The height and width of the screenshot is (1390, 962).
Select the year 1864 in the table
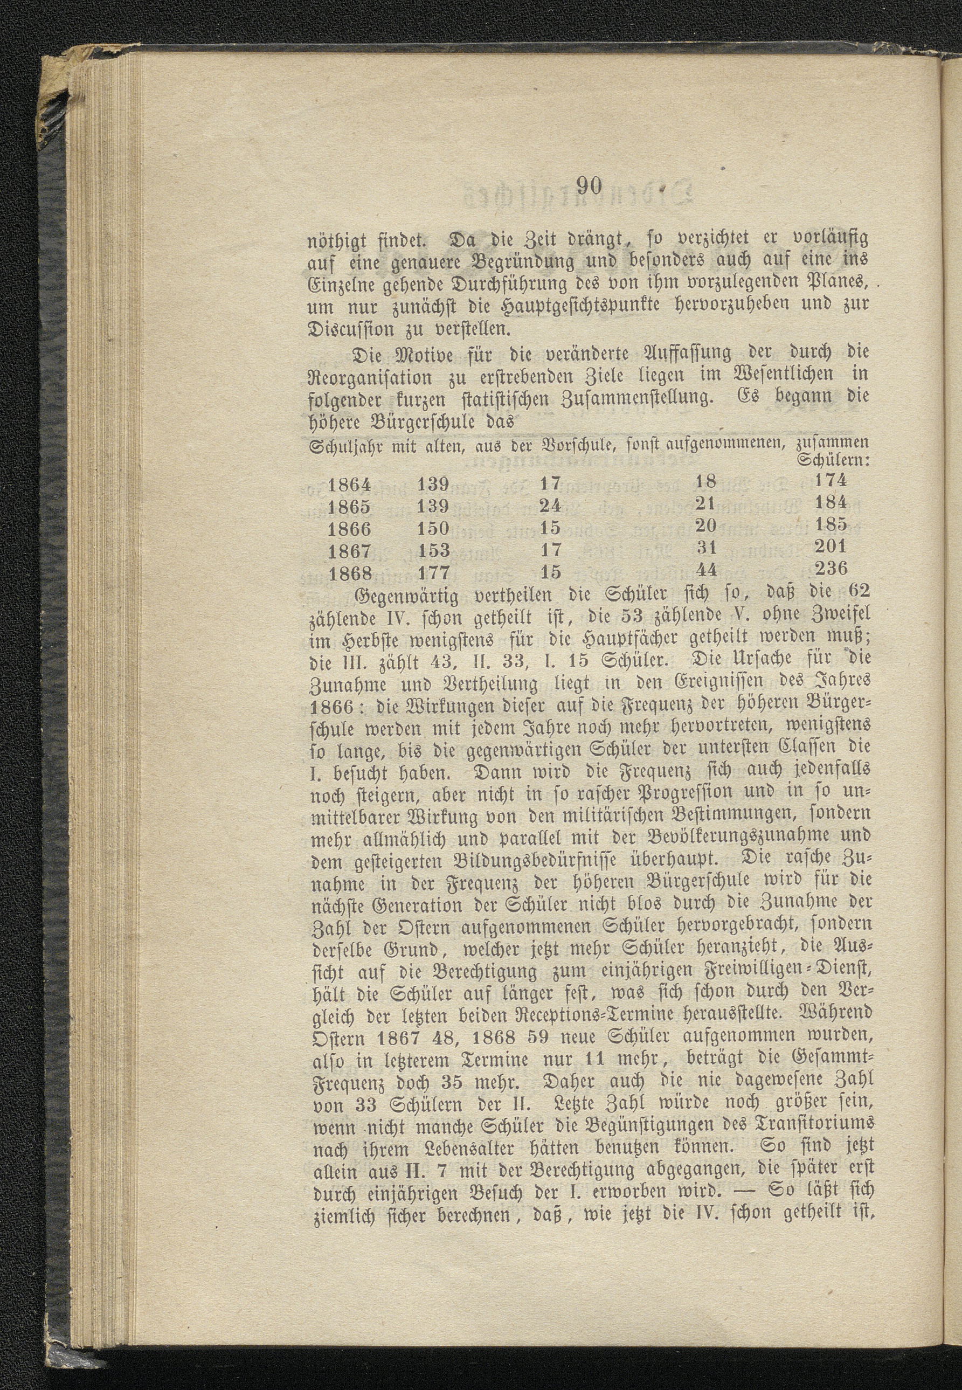[x=350, y=483]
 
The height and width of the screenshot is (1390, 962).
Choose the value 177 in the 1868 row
[x=434, y=570]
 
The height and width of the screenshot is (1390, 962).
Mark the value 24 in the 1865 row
[x=550, y=504]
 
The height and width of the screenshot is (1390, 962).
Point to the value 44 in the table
[x=705, y=569]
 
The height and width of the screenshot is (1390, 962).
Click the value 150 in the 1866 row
[x=434, y=528]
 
